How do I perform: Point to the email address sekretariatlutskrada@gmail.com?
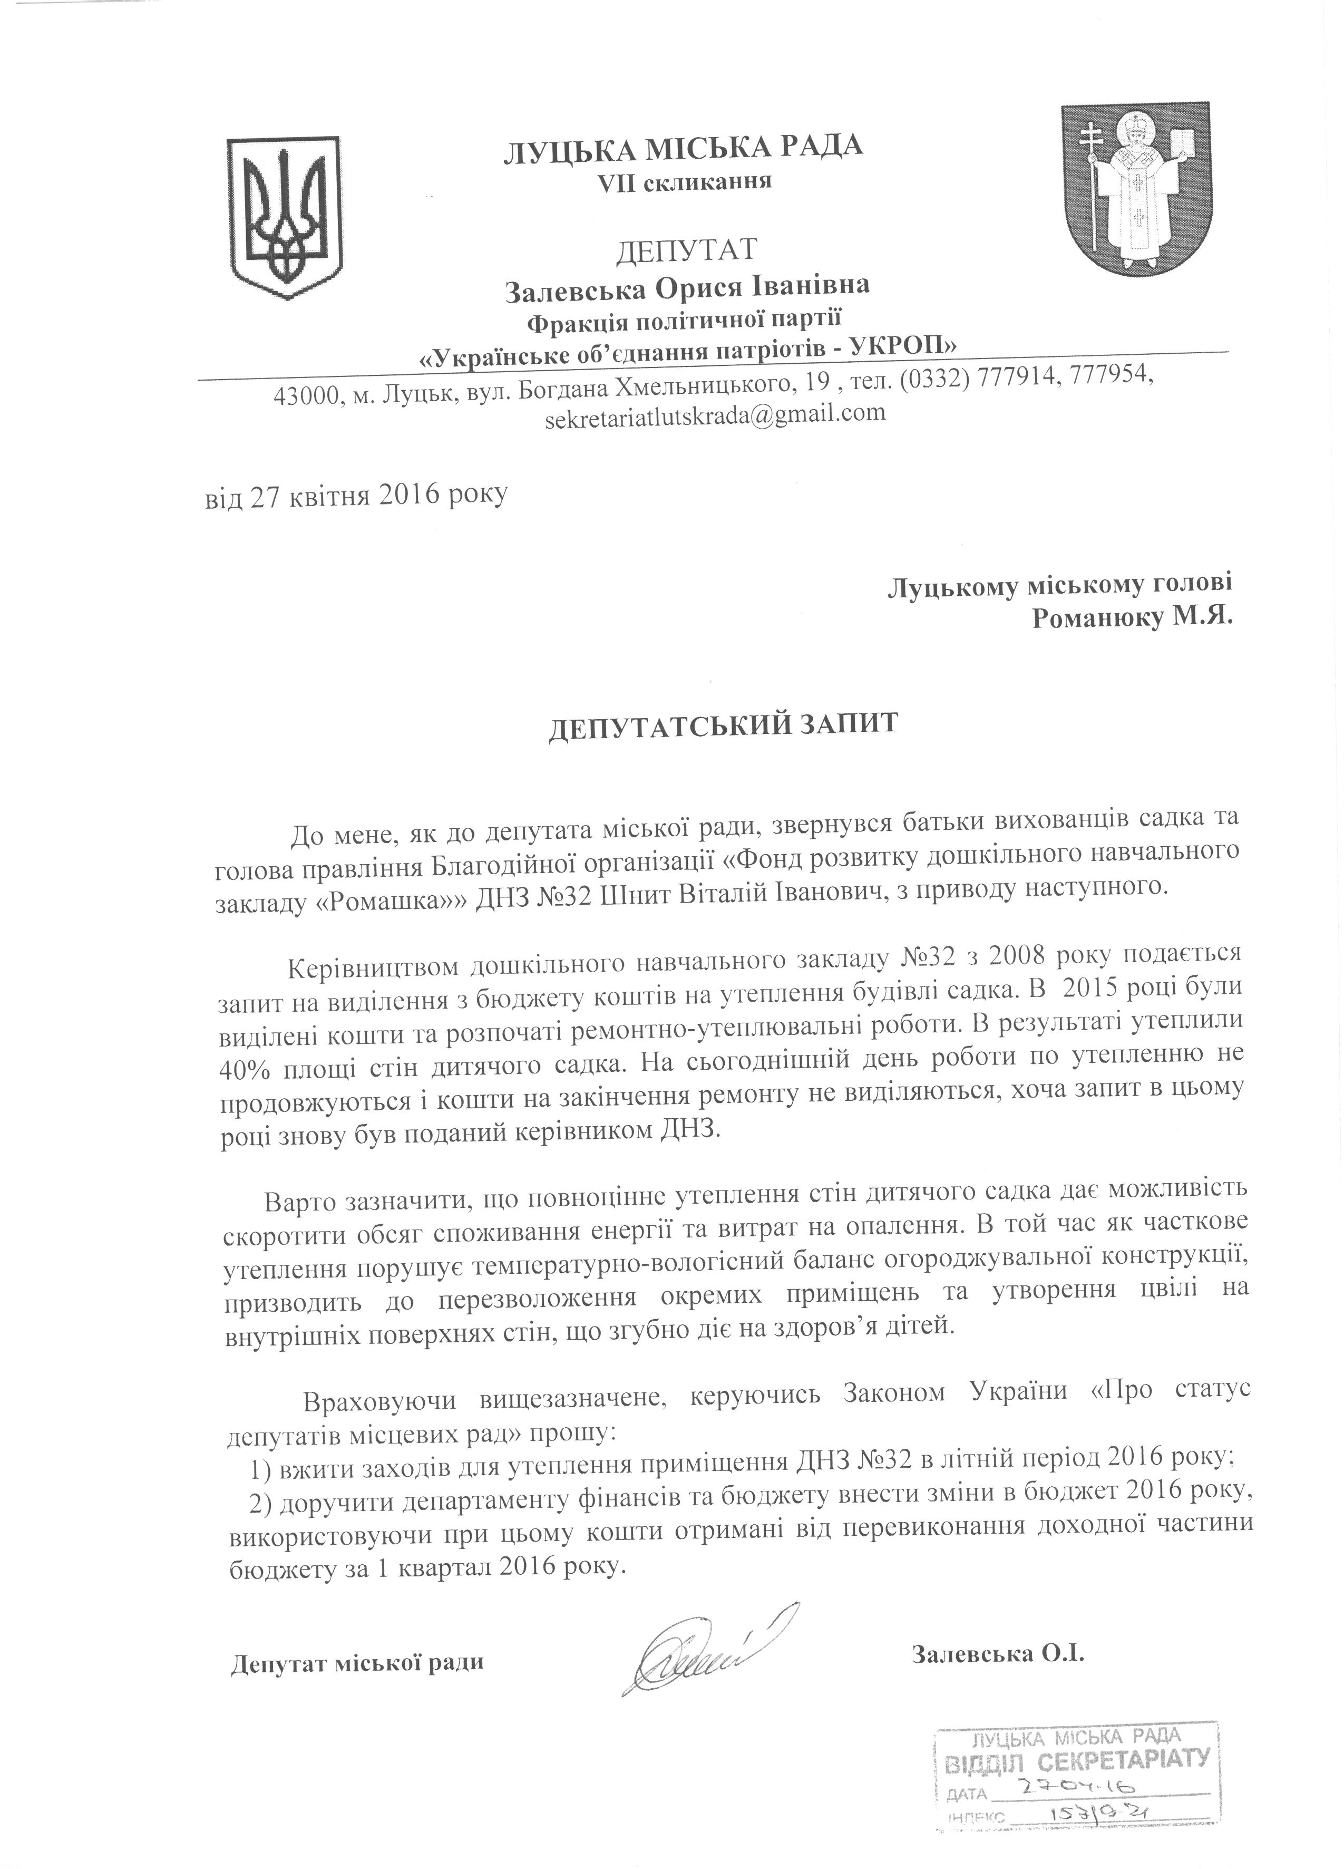715,414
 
